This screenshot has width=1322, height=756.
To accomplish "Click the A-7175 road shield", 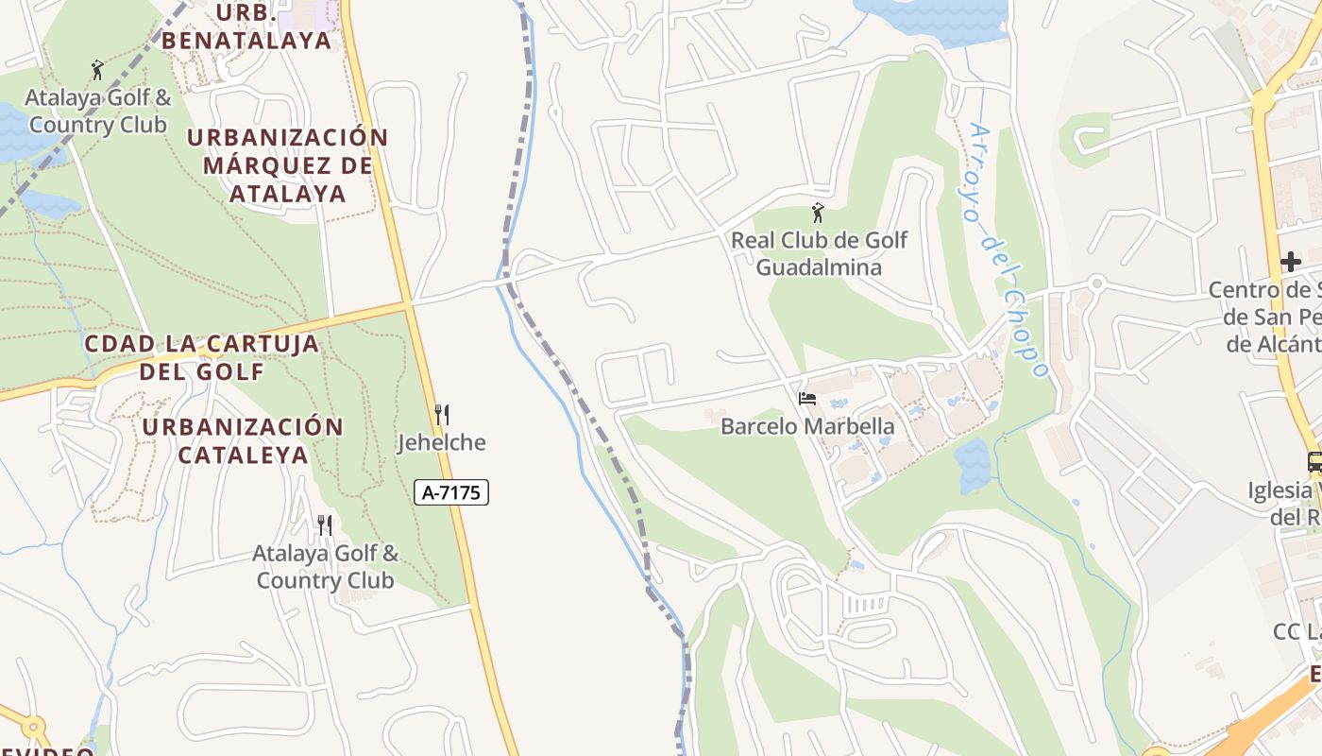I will (x=451, y=492).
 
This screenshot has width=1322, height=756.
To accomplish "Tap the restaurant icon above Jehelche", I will (x=440, y=414).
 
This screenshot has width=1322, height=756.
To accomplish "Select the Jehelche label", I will (x=441, y=442).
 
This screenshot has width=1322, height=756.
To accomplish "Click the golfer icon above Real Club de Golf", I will (x=818, y=213).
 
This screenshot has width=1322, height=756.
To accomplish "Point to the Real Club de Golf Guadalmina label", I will (x=819, y=253).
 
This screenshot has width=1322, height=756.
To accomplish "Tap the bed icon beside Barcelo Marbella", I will (x=806, y=399).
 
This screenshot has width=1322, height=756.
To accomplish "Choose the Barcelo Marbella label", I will (x=807, y=426).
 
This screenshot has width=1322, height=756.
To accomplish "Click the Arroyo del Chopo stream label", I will (x=1007, y=250).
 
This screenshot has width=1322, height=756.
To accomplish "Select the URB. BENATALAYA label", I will (x=247, y=27).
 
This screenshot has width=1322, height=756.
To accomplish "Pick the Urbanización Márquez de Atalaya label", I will (x=287, y=165).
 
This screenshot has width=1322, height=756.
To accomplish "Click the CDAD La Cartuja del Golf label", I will (x=202, y=356).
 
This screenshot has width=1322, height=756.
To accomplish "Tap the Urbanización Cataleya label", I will (x=244, y=440).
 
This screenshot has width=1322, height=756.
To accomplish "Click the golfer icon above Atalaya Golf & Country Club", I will (x=96, y=69).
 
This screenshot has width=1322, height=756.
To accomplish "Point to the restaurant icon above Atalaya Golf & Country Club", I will (x=324, y=524).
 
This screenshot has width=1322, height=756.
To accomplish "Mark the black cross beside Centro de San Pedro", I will (x=1290, y=261).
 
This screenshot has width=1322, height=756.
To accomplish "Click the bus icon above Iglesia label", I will (x=1314, y=462).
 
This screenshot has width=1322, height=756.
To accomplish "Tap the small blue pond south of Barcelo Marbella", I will (x=972, y=465).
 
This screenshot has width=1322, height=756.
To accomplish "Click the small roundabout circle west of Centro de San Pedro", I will (x=1096, y=283).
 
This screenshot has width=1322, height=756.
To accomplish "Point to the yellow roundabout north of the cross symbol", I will (x=1263, y=101).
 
